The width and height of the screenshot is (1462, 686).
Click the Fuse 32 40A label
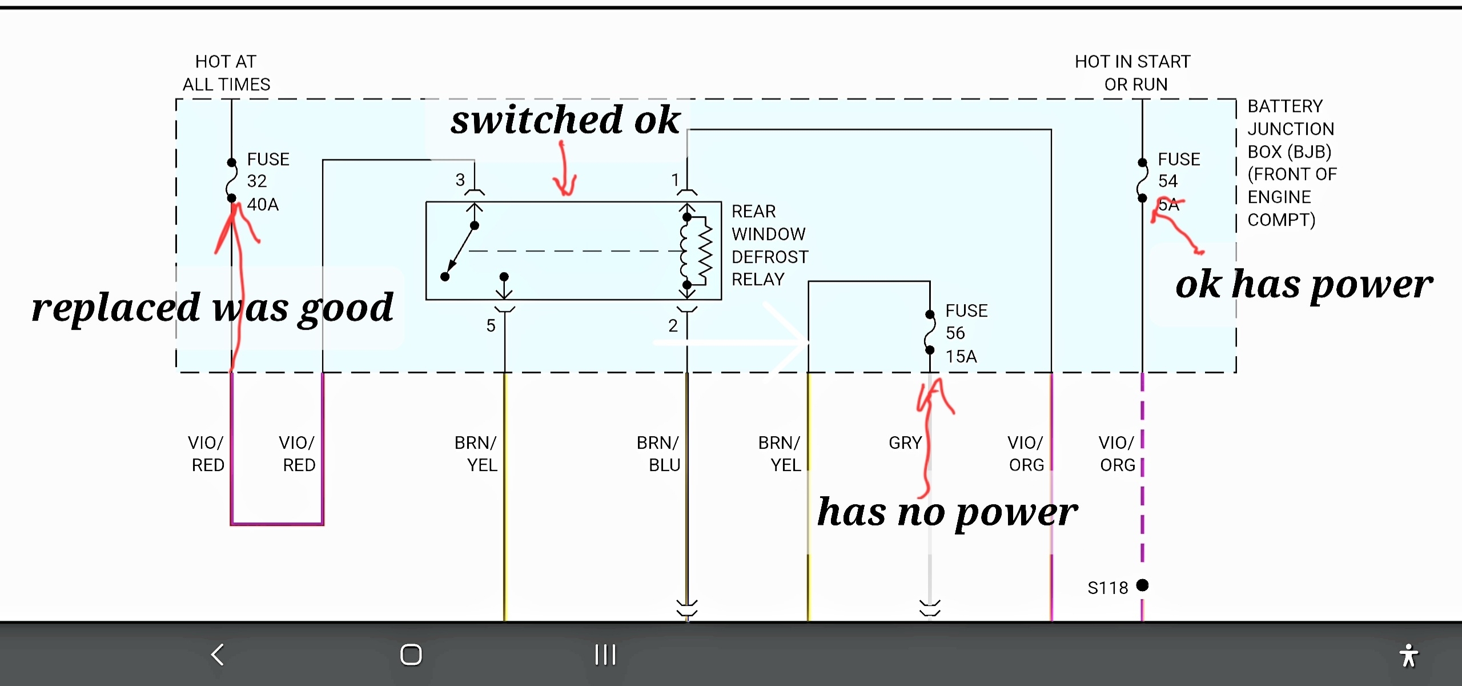(x=267, y=181)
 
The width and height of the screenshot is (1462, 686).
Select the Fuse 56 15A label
(x=966, y=333)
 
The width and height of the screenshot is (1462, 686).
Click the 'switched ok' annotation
(x=565, y=120)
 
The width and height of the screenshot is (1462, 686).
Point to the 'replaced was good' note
(x=212, y=308)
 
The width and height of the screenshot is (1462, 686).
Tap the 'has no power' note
(x=947, y=512)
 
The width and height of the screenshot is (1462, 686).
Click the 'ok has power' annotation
(x=1304, y=285)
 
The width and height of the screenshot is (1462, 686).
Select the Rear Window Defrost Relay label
(x=769, y=245)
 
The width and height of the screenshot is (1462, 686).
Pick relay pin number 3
(x=460, y=180)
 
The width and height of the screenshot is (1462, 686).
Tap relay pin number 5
(x=491, y=325)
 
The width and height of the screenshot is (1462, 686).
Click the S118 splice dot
(x=1142, y=585)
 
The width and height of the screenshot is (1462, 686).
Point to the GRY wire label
(x=905, y=442)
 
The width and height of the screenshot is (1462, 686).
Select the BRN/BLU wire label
(x=658, y=453)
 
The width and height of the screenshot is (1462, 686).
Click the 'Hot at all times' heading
(x=226, y=73)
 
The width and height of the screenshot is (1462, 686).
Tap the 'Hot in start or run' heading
(x=1133, y=73)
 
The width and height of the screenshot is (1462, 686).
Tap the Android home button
(x=411, y=655)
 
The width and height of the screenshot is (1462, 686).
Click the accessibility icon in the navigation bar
(x=1408, y=655)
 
